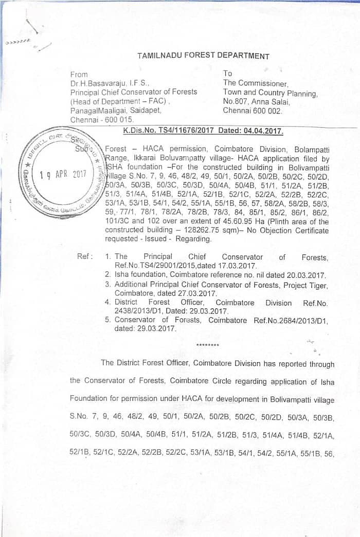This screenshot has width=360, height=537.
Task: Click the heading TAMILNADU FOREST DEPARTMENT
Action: click(203, 56)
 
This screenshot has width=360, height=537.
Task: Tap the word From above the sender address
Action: click(79, 74)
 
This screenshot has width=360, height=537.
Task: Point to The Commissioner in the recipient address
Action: click(256, 83)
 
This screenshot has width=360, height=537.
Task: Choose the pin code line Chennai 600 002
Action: click(253, 110)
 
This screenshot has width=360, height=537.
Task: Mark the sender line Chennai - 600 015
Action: click(102, 119)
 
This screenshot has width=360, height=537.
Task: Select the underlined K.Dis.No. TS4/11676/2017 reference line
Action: click(203, 131)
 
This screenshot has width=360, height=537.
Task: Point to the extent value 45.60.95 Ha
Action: click(212, 221)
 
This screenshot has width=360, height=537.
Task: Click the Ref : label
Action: click(85, 256)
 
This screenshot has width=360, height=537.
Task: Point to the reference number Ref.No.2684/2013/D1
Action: click(291, 320)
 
